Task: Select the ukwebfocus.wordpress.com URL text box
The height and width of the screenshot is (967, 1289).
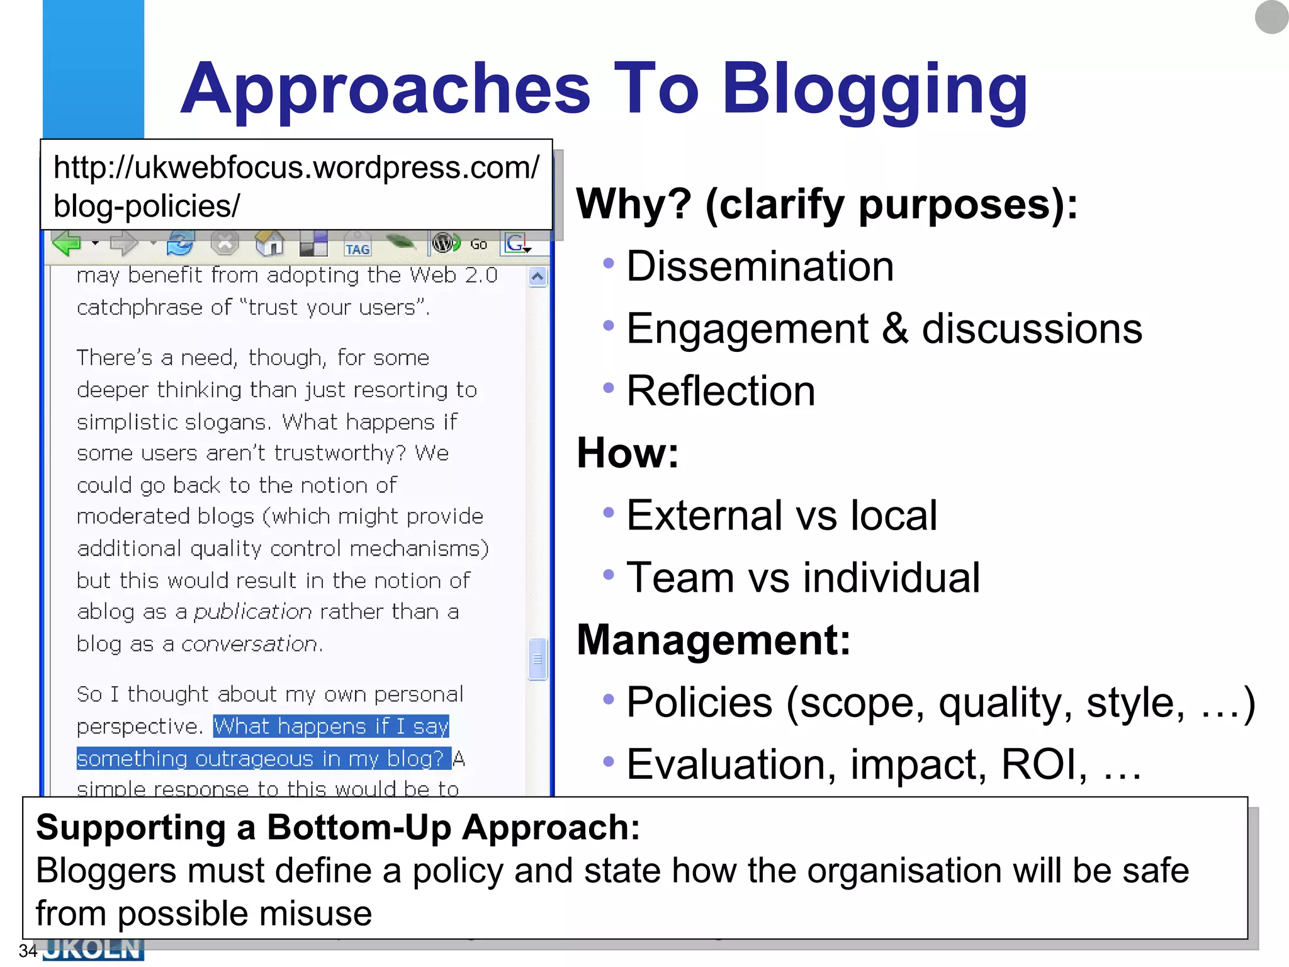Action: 296,186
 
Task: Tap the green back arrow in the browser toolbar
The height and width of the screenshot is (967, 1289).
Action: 67,243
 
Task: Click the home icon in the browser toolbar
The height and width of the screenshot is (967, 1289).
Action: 269,243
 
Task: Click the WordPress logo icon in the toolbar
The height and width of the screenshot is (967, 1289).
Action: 444,242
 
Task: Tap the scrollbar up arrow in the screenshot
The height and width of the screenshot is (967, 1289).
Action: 538,277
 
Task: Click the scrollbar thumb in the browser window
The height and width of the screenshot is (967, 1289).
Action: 538,659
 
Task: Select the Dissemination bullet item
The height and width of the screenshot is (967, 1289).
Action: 760,266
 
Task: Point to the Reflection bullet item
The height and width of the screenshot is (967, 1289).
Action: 721,391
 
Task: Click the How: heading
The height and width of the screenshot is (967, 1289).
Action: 628,453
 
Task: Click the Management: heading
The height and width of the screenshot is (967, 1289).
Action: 713,640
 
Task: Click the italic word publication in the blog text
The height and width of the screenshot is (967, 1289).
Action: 252,612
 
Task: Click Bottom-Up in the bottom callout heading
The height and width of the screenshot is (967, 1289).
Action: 359,827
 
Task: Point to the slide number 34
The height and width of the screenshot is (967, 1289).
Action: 28,951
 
